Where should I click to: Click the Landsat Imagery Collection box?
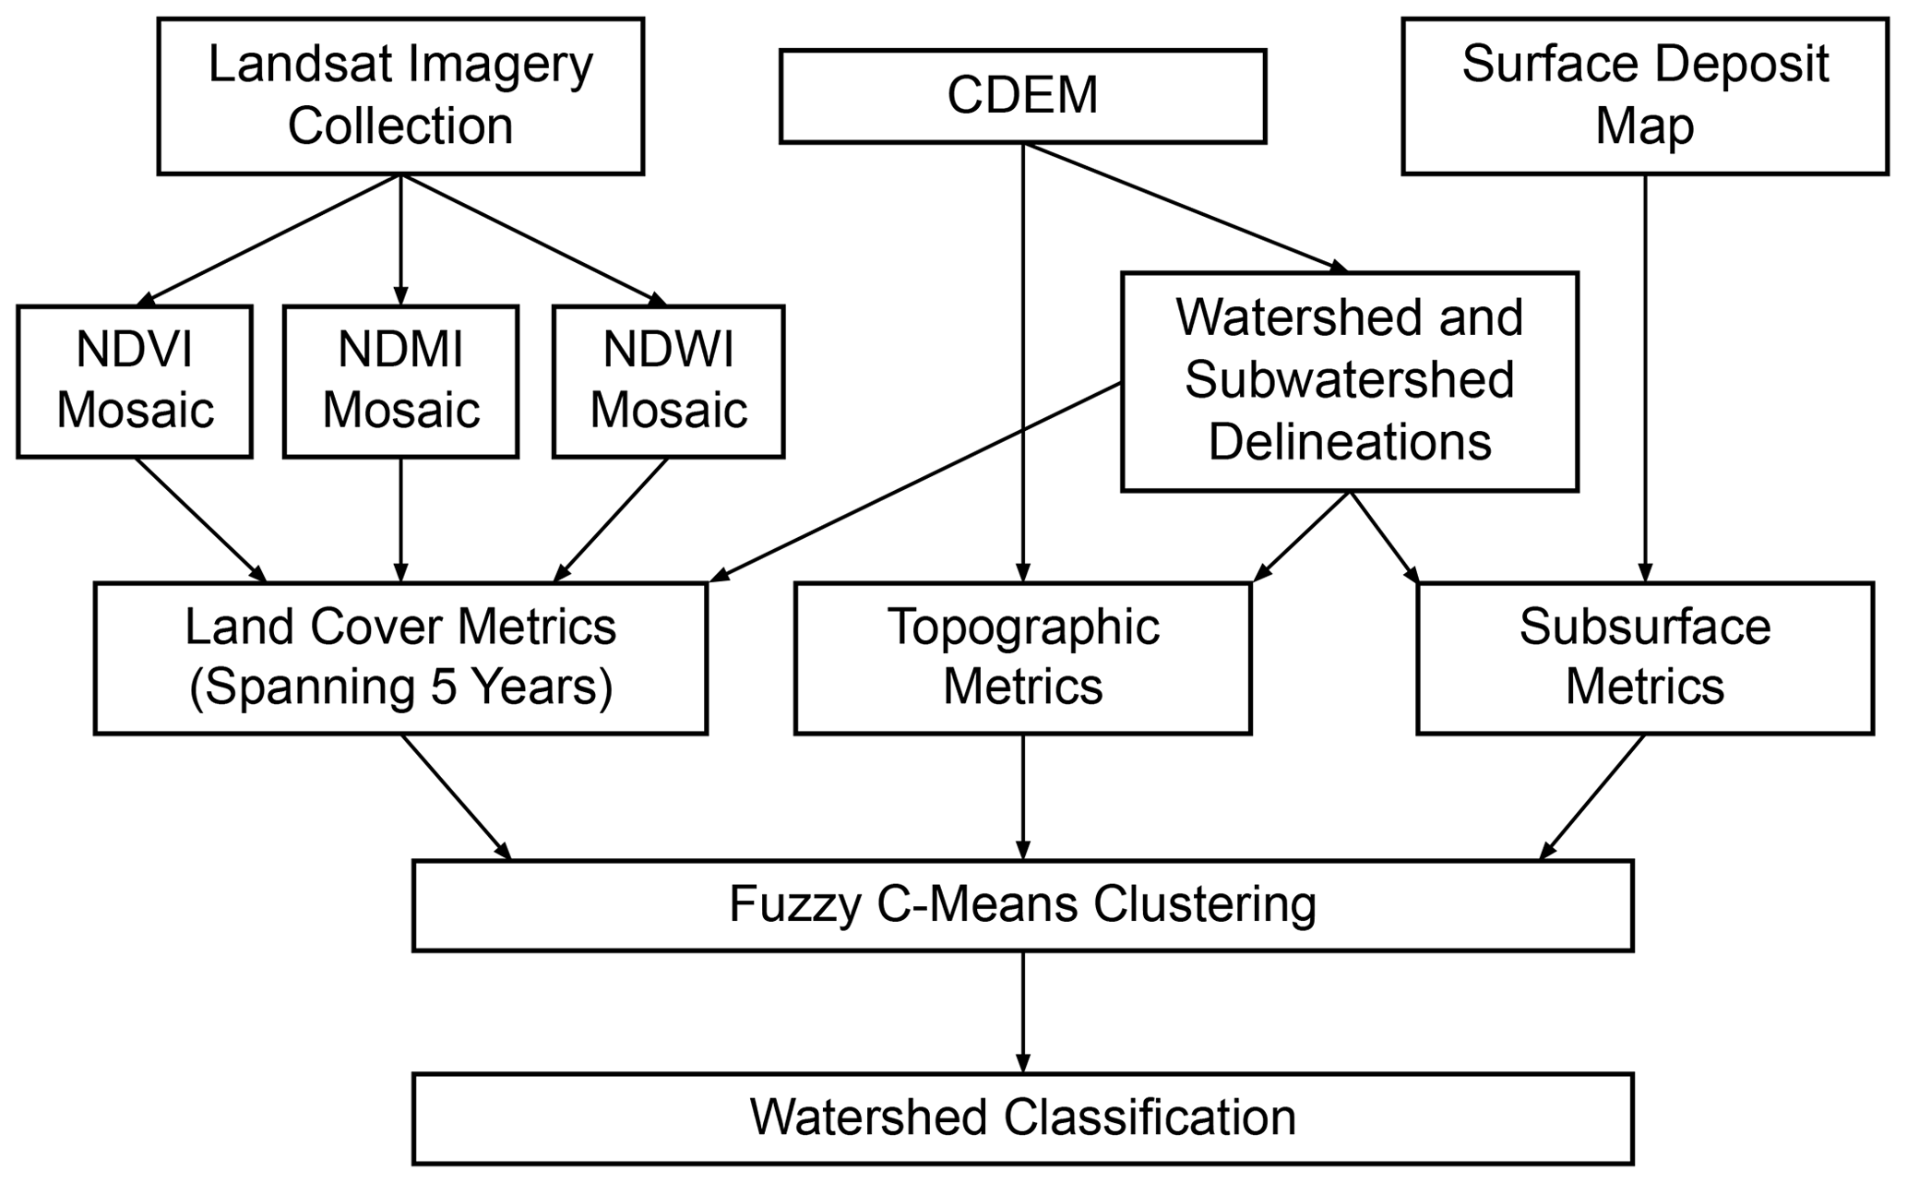[400, 96]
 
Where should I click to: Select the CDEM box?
[1022, 96]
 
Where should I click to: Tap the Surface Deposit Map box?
[1644, 96]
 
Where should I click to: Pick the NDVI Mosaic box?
[135, 380]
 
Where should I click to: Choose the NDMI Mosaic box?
[400, 380]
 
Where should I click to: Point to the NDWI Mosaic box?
[668, 380]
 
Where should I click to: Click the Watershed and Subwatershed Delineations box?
[1349, 380]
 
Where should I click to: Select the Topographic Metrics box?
[1022, 657]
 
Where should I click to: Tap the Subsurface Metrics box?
[1644, 657]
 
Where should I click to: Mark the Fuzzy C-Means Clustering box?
[1022, 904]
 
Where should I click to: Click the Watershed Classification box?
[1022, 1117]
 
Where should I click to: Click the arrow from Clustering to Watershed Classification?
[1022, 1011]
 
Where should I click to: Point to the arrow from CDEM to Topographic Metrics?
[1022, 369]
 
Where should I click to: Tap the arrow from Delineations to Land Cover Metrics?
[913, 483]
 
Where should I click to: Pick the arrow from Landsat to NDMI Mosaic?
[400, 240]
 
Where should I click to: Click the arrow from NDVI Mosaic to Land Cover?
[200, 520]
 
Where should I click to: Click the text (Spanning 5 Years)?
[400, 687]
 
